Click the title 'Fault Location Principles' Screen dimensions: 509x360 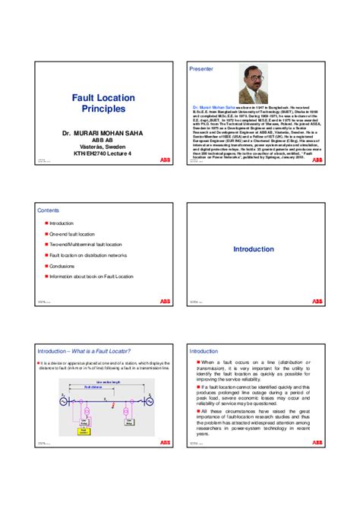(x=103, y=103)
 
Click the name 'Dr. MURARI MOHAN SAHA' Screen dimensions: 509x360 (x=103, y=134)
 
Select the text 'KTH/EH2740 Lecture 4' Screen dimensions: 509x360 (x=103, y=154)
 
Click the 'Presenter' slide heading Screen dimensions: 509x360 (x=201, y=68)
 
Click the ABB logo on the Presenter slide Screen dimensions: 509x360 (x=317, y=161)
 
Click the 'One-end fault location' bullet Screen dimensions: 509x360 (x=72, y=235)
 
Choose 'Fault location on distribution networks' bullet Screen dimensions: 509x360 (x=88, y=256)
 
